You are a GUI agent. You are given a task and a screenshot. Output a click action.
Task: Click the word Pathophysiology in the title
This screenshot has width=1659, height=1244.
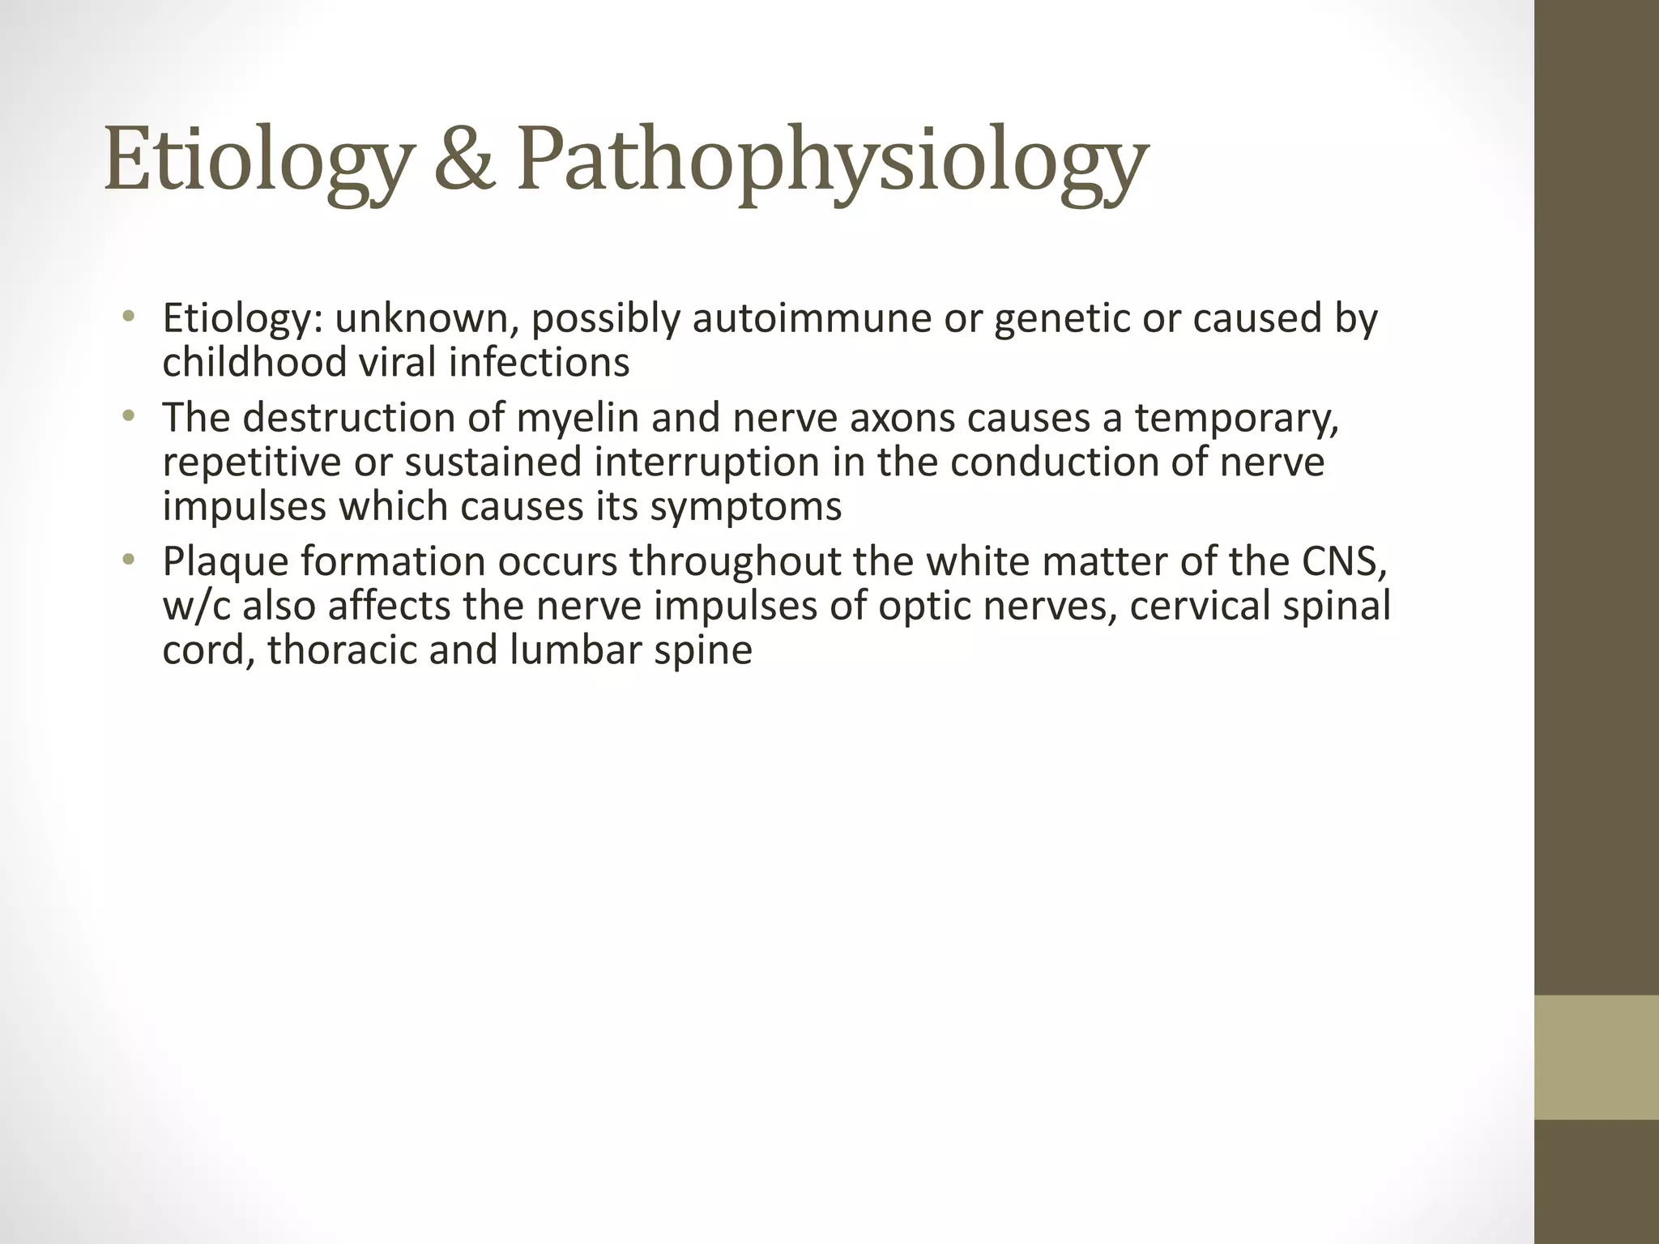[833, 160]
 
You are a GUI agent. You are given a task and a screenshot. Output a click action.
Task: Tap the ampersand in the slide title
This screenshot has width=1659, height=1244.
[464, 159]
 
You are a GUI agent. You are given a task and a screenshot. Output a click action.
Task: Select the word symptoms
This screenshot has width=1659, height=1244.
[745, 506]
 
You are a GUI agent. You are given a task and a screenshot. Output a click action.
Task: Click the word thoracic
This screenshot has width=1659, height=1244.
[341, 650]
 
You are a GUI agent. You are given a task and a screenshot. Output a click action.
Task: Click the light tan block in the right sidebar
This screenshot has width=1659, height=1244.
[1597, 1057]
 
